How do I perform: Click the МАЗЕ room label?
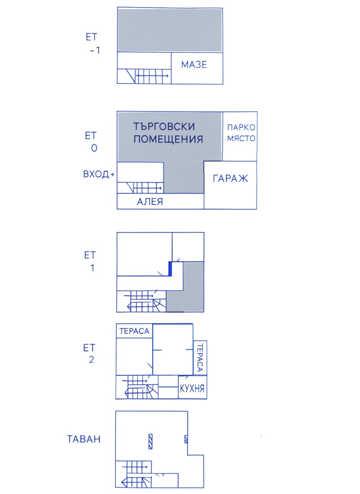[194, 65]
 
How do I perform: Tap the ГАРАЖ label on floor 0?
[230, 179]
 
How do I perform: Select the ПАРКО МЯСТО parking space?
[241, 133]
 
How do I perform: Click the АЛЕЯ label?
[150, 202]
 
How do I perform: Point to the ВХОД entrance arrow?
[112, 174]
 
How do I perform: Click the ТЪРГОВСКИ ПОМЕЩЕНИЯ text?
[168, 133]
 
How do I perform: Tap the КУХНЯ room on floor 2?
[192, 388]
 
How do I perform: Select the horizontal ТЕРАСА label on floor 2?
[134, 331]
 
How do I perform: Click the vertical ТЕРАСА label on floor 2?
[200, 358]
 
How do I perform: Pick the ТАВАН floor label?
[84, 439]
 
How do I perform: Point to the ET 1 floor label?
[90, 261]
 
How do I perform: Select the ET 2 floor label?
[89, 354]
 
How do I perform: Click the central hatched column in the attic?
[150, 441]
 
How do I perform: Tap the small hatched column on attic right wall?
[186, 439]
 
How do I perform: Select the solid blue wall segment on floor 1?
[170, 269]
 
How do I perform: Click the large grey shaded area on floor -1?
[170, 30]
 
